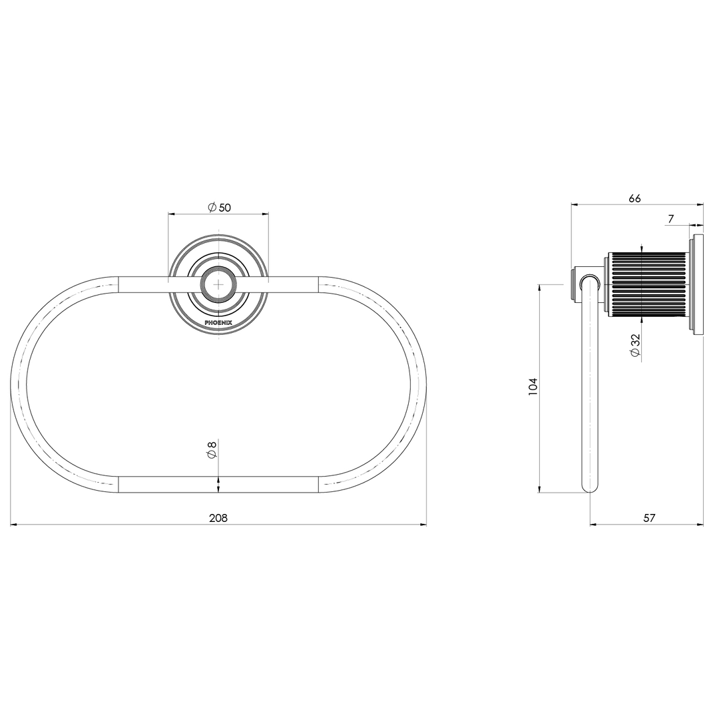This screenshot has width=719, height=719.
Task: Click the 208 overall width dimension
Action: coord(218,518)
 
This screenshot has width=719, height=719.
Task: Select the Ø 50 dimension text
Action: coord(219,208)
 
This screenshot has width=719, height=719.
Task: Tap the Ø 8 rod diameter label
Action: coord(212,449)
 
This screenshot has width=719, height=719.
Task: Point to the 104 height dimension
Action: coord(533,387)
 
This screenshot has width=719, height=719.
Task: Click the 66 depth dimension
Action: coord(634,198)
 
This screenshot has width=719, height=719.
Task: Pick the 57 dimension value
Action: coord(649,518)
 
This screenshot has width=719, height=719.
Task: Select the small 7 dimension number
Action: coord(671,219)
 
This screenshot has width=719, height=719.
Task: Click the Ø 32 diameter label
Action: coord(635,346)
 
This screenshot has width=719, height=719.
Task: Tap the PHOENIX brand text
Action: coord(218,323)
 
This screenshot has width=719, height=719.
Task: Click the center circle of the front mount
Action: coord(219,284)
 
